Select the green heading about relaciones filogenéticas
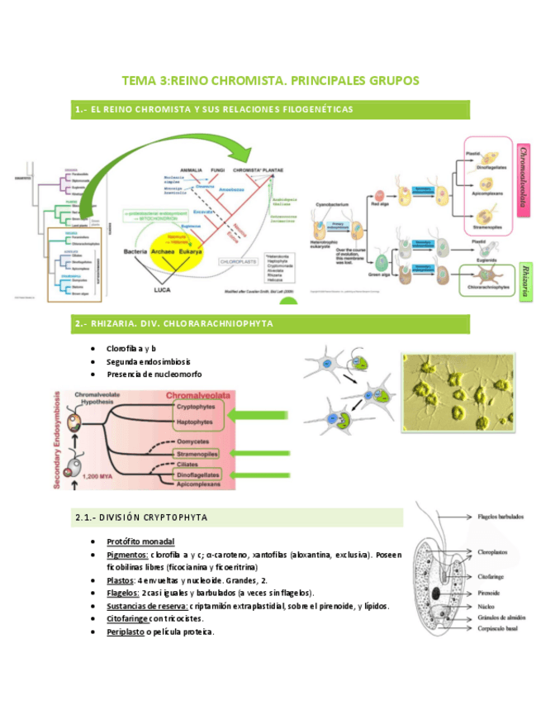[x=213, y=109]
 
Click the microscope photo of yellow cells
[x=468, y=395]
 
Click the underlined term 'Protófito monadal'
[x=140, y=541]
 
